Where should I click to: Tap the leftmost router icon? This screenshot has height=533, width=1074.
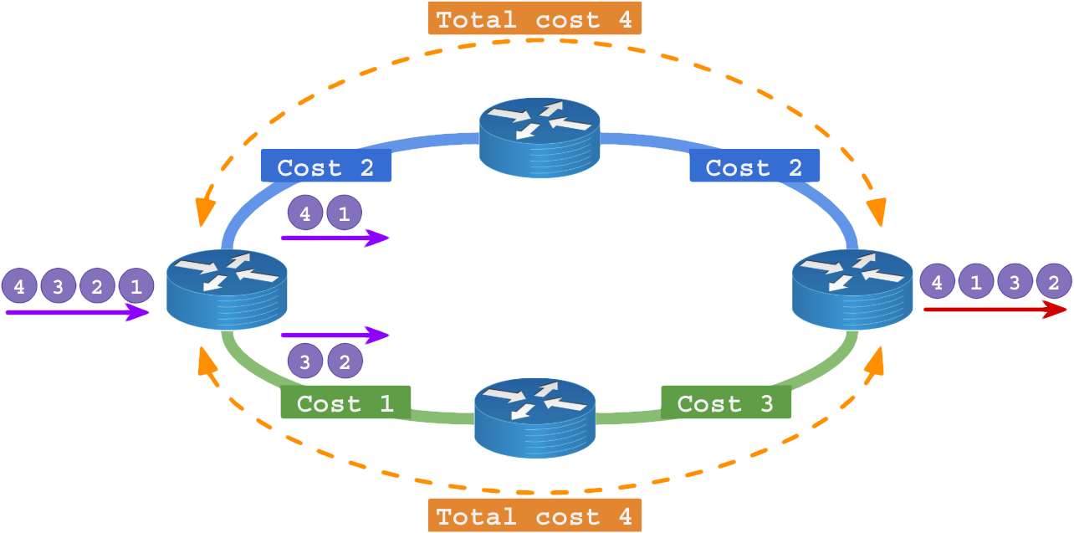pyautogui.click(x=227, y=287)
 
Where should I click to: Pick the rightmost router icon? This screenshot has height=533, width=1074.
pyautogui.click(x=852, y=287)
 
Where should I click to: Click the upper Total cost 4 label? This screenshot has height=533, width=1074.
pyautogui.click(x=534, y=18)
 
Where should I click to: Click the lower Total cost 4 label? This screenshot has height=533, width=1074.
pyautogui.click(x=534, y=515)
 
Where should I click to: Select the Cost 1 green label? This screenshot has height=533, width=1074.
pyautogui.click(x=345, y=402)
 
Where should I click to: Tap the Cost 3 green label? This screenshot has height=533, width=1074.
pyautogui.click(x=725, y=402)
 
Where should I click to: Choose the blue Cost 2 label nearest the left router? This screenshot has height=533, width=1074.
pyautogui.click(x=325, y=167)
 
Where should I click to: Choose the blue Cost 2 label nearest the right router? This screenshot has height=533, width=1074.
pyautogui.click(x=754, y=167)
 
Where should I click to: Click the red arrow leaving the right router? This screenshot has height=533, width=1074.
pyautogui.click(x=995, y=310)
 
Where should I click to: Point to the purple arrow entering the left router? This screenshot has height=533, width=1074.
pyautogui.click(x=77, y=312)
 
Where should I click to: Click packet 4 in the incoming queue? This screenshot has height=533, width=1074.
pyautogui.click(x=19, y=287)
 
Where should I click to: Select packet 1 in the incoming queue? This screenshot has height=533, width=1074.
pyautogui.click(x=136, y=287)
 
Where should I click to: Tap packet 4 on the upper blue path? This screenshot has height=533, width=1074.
pyautogui.click(x=305, y=214)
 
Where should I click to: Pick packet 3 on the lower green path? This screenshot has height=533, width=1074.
pyautogui.click(x=305, y=362)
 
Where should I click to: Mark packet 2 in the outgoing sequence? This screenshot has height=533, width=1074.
pyautogui.click(x=1053, y=283)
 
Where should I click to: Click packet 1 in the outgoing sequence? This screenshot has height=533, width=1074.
pyautogui.click(x=975, y=283)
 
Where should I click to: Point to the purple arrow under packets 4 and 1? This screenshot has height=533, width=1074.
pyautogui.click(x=335, y=238)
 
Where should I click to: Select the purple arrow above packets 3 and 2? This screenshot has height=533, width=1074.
pyautogui.click(x=335, y=336)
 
